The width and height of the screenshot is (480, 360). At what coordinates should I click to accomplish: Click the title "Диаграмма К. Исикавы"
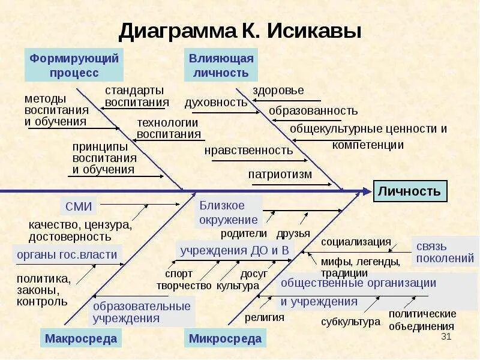(239, 30)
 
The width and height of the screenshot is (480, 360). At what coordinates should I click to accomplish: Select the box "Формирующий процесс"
(74, 65)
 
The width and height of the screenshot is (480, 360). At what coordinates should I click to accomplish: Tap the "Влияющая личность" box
(220, 65)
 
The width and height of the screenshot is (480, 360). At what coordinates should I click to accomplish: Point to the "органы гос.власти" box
(67, 254)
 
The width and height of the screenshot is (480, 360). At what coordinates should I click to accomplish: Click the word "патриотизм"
(280, 175)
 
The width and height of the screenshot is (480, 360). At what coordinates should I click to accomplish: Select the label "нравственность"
(248, 150)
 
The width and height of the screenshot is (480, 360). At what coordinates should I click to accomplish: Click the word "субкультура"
(350, 322)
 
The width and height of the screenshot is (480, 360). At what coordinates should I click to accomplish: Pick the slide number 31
(445, 336)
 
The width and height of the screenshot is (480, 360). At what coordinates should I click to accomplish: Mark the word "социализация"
(356, 242)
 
